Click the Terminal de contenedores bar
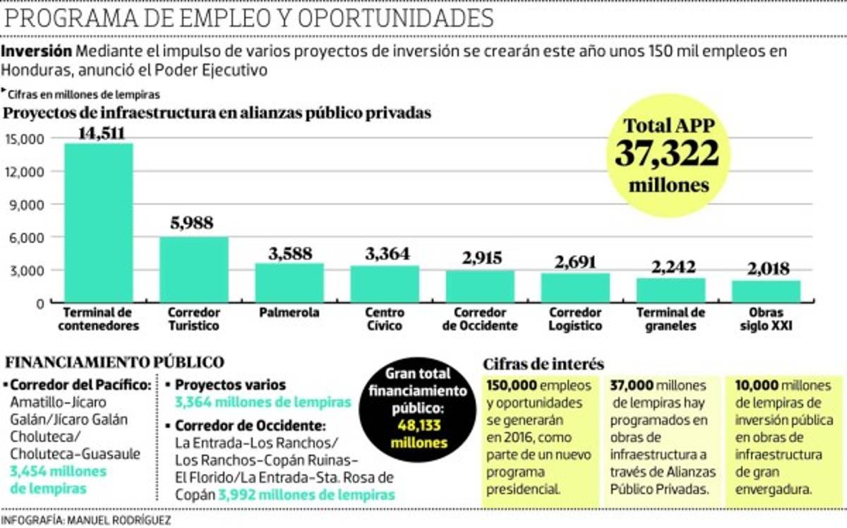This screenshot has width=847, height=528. point(99,223)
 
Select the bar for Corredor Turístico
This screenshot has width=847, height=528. point(194,270)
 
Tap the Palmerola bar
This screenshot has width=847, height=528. point(289,283)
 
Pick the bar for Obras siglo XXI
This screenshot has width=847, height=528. point(766,292)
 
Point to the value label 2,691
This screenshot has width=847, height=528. point(575,261)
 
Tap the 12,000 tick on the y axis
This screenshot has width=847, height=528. point(28,172)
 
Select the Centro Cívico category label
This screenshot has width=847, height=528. point(385,319)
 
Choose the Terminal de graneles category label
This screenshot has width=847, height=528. point(671,319)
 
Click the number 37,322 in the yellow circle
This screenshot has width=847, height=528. point(667,154)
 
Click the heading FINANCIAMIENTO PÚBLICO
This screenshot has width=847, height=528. point(115,363)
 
